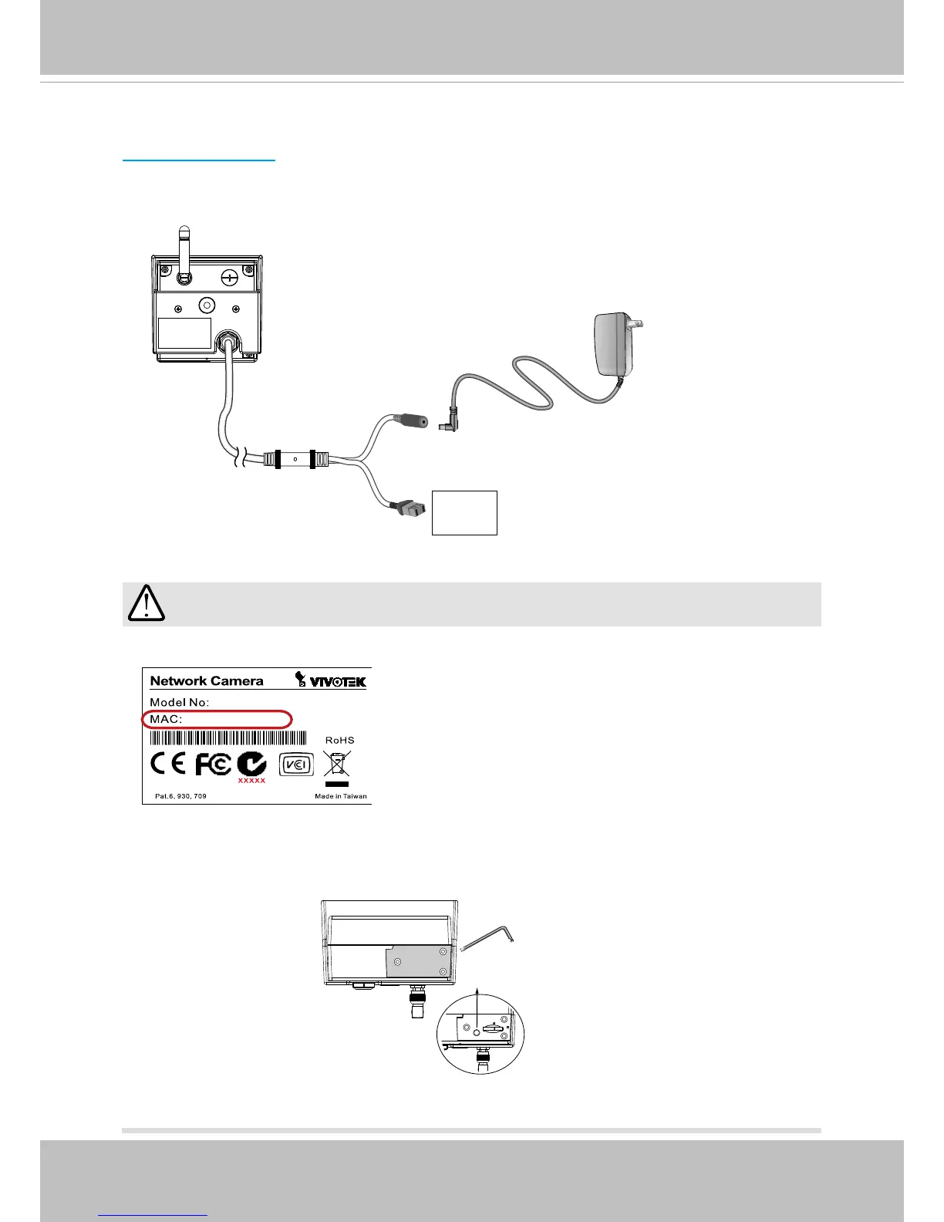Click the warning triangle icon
[146, 603]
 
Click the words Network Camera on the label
[207, 681]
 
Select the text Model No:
[180, 702]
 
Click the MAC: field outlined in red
[217, 720]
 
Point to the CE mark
[168, 764]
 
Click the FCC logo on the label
[213, 765]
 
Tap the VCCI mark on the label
[296, 764]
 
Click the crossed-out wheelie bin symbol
[338, 763]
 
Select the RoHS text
[339, 740]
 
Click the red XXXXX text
[251, 781]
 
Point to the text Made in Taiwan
[341, 796]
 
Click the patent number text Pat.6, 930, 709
[180, 796]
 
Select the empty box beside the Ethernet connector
[464, 512]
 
